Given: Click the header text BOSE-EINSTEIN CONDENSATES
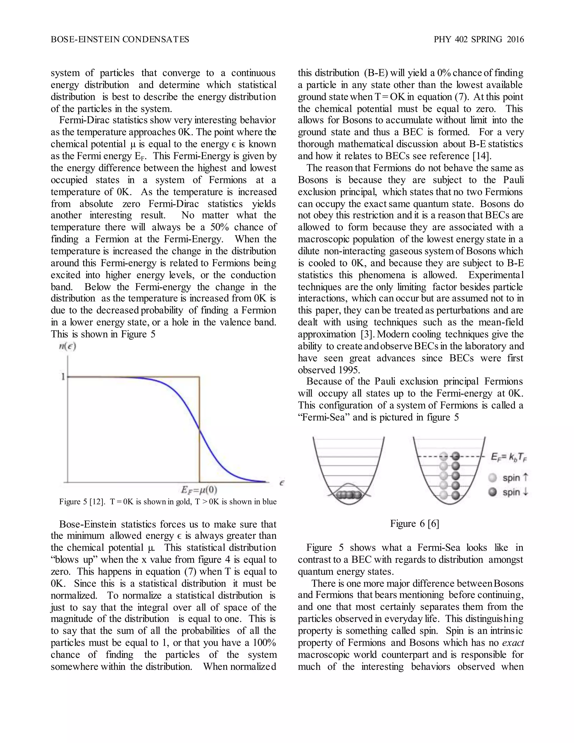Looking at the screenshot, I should coord(120,40).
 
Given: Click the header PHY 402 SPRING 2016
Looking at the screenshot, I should coord(478,40).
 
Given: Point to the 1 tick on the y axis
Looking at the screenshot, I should coord(63,377).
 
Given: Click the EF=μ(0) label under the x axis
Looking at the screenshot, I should coord(199,490).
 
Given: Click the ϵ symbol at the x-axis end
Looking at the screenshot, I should coord(282,483).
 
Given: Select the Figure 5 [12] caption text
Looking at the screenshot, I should coord(168,502).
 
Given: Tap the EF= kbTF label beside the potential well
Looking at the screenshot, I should coord(509,457).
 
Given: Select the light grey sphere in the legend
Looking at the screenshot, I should coord(492,478).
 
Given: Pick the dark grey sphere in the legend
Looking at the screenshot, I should coord(492,492).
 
